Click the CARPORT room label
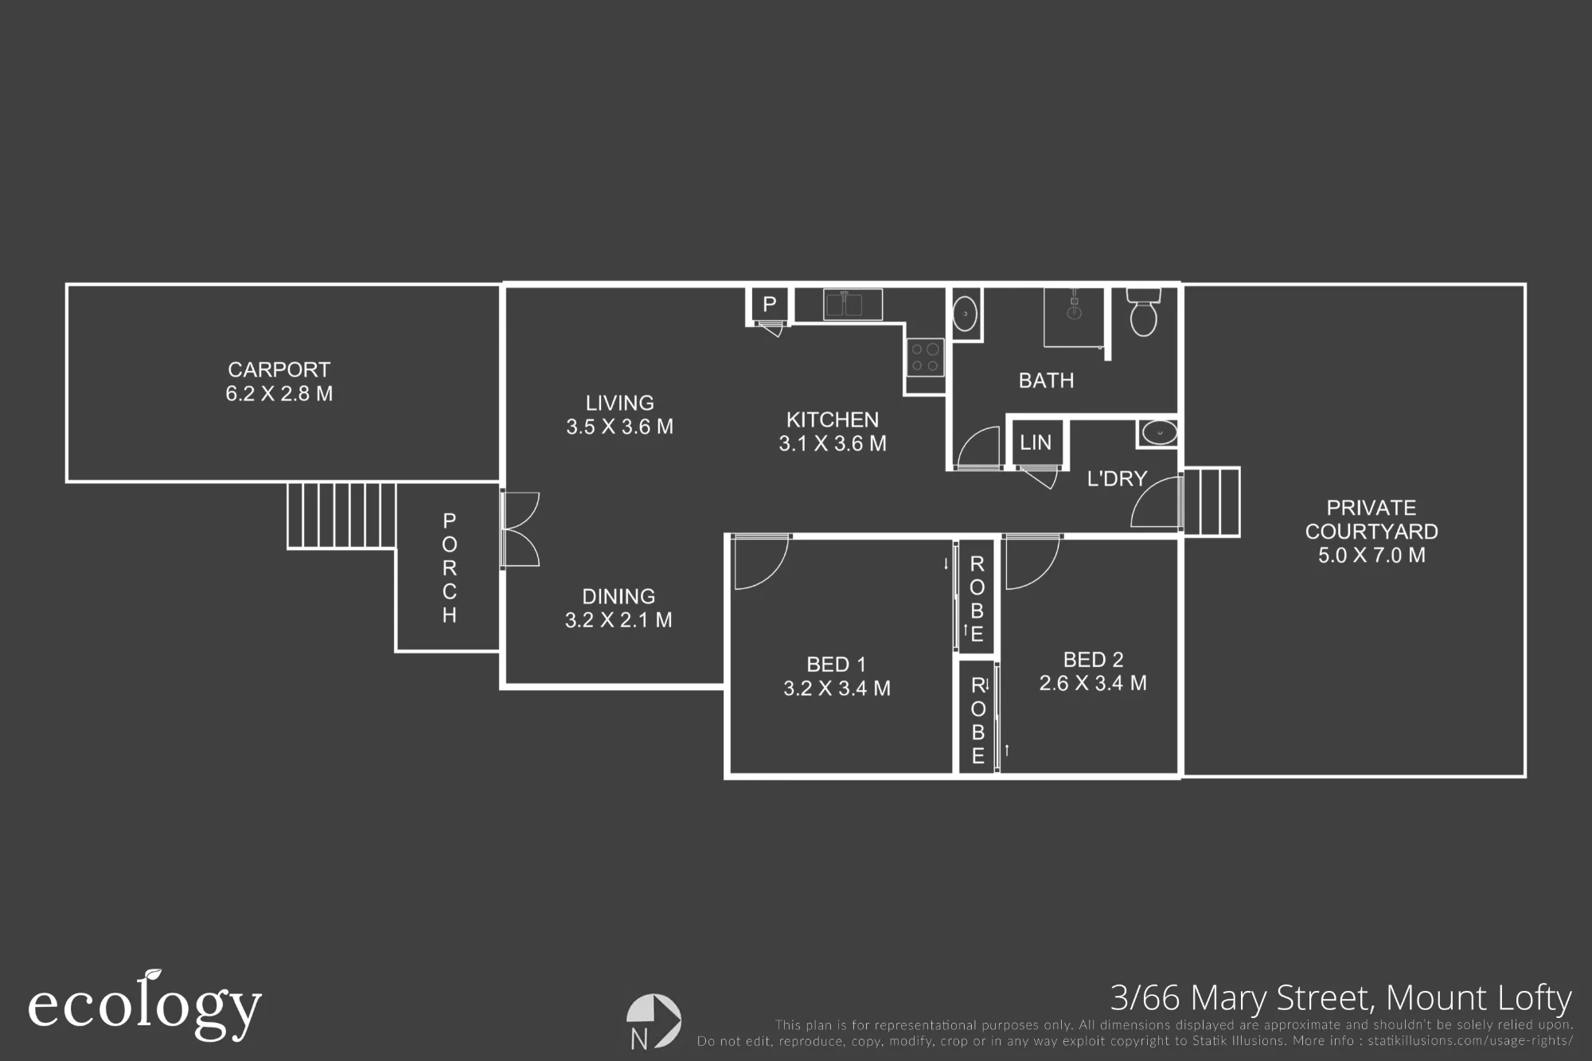tap(279, 370)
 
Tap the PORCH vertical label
tap(450, 568)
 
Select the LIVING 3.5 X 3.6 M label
tap(619, 415)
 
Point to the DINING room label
tap(618, 596)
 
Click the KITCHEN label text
tap(833, 419)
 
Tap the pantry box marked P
tap(769, 305)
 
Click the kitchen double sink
tap(853, 305)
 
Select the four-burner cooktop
tap(925, 357)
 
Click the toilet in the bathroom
tap(1143, 312)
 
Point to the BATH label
tap(1046, 380)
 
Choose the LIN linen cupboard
tap(1036, 442)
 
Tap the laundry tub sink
tap(1158, 434)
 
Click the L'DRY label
tap(1117, 478)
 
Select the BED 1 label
tap(836, 665)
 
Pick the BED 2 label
tap(1093, 660)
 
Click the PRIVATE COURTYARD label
tap(1372, 520)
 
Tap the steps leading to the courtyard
tap(1211, 501)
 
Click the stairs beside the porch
tap(341, 515)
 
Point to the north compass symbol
tap(654, 1020)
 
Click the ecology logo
tap(145, 1005)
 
